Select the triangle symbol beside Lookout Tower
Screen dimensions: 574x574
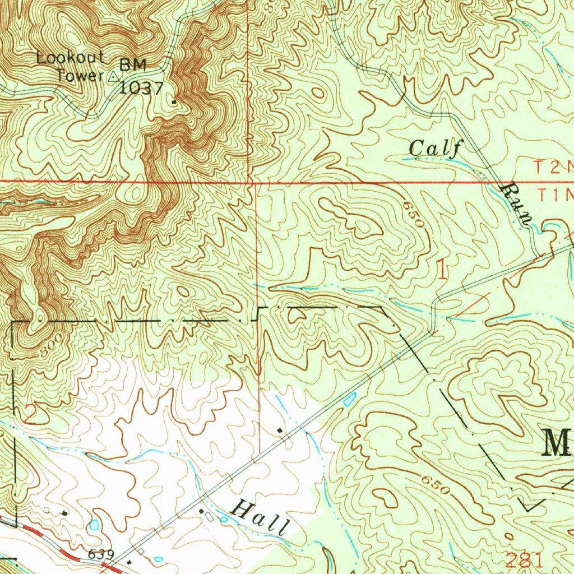pos(114,77)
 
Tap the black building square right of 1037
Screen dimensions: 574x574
pos(174,101)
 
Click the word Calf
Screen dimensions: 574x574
pos(435,149)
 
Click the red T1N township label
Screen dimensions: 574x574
pos(555,195)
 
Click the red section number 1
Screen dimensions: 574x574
pos(442,271)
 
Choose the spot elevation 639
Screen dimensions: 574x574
pos(101,554)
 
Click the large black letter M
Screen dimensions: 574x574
pos(557,443)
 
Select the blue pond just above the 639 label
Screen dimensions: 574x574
pos(94,525)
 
